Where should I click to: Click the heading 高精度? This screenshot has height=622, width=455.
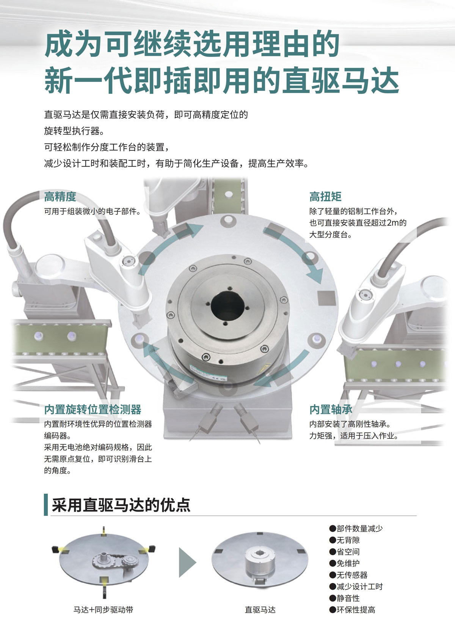(x=60, y=197)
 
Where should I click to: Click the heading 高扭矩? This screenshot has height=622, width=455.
(x=325, y=197)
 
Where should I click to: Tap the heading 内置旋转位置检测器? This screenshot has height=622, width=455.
(x=93, y=409)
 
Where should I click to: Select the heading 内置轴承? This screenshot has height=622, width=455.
(x=331, y=409)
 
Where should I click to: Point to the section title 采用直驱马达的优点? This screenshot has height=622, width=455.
(x=121, y=505)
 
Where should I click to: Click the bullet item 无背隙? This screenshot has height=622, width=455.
(x=344, y=540)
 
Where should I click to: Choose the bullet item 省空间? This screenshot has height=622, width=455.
(x=344, y=552)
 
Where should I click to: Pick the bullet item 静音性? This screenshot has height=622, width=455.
(x=344, y=598)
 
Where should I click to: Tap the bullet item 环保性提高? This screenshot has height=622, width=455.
(x=352, y=610)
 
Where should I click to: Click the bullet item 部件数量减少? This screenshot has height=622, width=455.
(x=356, y=528)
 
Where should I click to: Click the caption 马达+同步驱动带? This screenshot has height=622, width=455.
(x=103, y=610)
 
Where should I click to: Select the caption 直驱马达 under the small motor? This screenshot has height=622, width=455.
(x=260, y=610)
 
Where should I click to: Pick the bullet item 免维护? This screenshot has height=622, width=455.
(x=344, y=563)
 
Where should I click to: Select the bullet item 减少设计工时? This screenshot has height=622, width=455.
(x=356, y=586)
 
